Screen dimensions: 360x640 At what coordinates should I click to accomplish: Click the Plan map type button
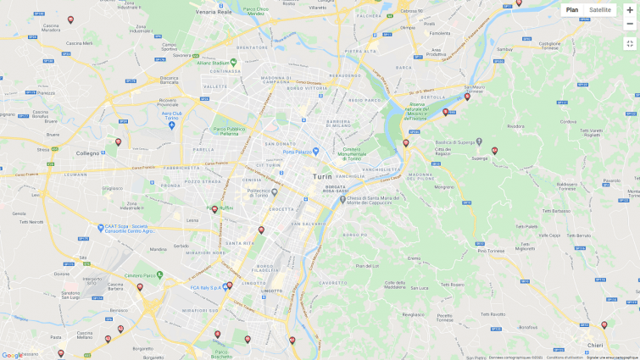(572, 10)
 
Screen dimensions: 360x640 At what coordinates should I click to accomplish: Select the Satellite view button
(600, 10)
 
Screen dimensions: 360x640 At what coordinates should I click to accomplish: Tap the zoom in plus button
(630, 10)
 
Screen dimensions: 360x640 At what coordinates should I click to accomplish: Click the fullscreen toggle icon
(630, 43)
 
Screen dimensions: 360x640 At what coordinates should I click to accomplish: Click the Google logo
(12, 356)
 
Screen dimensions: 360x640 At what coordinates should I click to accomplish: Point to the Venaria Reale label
(214, 13)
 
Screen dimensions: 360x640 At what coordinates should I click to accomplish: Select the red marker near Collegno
(119, 142)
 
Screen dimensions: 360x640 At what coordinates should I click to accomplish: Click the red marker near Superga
(495, 151)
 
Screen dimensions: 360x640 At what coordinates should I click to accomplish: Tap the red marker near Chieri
(604, 324)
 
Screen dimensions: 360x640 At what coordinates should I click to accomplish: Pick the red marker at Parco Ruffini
(215, 208)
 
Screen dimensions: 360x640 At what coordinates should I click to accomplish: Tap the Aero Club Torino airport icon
(171, 125)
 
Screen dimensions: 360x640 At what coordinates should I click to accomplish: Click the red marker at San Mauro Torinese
(467, 97)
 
